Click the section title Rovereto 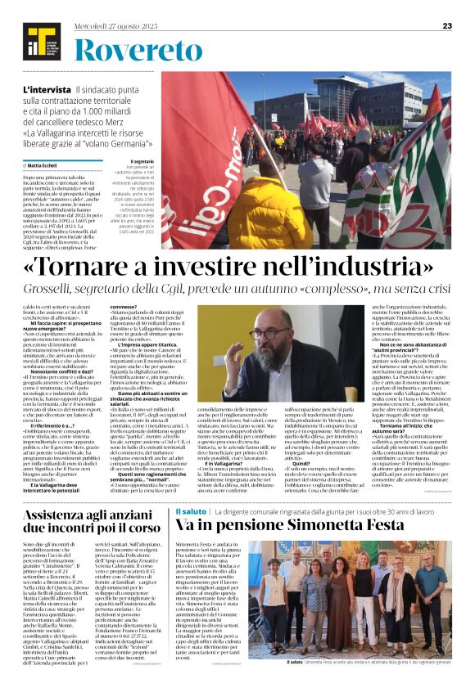(130, 51)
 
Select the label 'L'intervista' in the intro (47, 89)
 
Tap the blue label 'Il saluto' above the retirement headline (190, 488)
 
